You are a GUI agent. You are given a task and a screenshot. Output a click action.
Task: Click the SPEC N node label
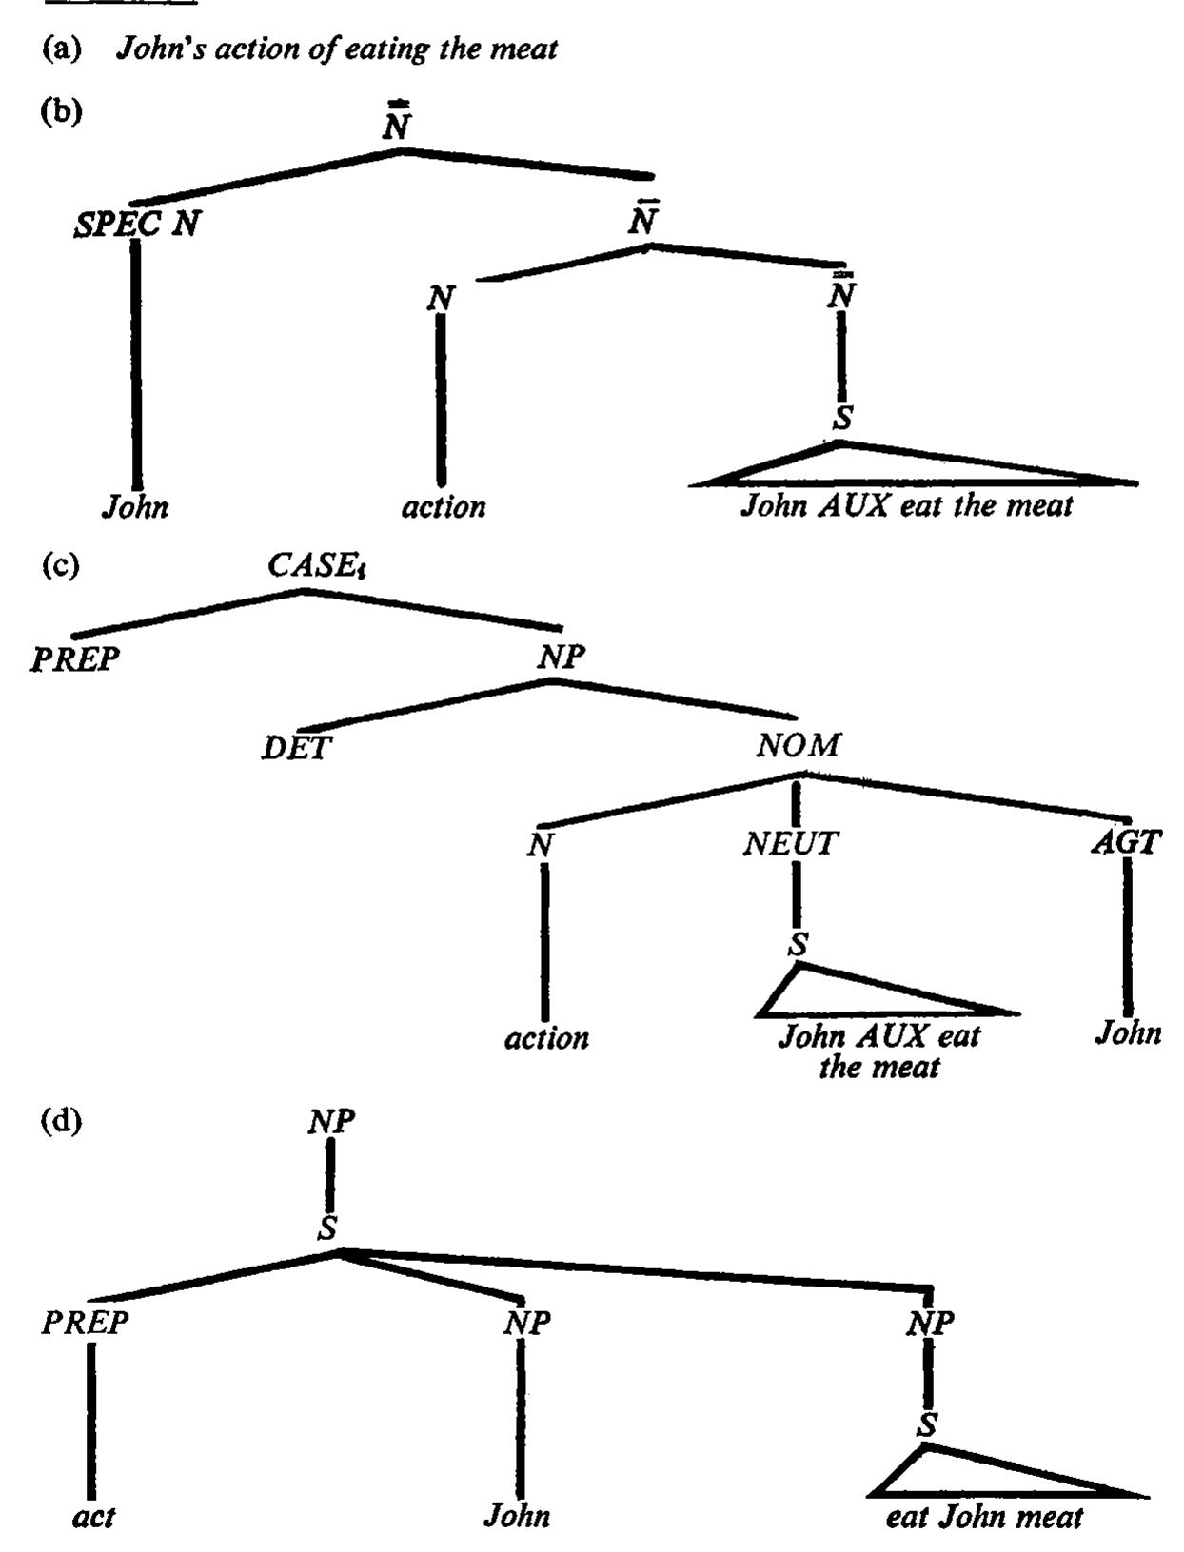coord(136,225)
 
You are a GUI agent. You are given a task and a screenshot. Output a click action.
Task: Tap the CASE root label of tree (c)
coord(316,565)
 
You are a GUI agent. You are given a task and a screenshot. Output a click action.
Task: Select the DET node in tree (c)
coord(296,747)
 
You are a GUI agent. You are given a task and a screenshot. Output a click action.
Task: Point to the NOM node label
coord(799,744)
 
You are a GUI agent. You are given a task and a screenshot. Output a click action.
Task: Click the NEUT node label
coord(791,843)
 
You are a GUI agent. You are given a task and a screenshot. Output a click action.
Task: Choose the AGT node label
coord(1126,842)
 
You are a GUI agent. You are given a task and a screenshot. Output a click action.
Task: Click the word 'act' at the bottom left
coord(93,1518)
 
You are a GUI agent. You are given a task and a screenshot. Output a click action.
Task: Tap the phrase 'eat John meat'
coord(984,1517)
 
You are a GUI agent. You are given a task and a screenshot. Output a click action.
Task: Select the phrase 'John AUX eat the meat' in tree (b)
coord(907,505)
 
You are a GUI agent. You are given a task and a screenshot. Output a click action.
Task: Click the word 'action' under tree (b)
coord(444,506)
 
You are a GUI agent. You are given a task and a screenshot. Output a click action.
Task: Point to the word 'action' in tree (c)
coord(546,1038)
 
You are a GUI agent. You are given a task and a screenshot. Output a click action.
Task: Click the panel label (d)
coord(62,1121)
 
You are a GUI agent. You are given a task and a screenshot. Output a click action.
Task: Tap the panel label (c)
coord(61,565)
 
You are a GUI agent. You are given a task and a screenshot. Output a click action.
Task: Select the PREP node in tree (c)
coord(74,659)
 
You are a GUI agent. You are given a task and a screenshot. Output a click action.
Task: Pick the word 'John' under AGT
coord(1128,1033)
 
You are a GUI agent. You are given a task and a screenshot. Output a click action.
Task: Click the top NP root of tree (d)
coord(331,1122)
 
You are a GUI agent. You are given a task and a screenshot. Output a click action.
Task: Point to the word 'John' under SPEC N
coord(135,506)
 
